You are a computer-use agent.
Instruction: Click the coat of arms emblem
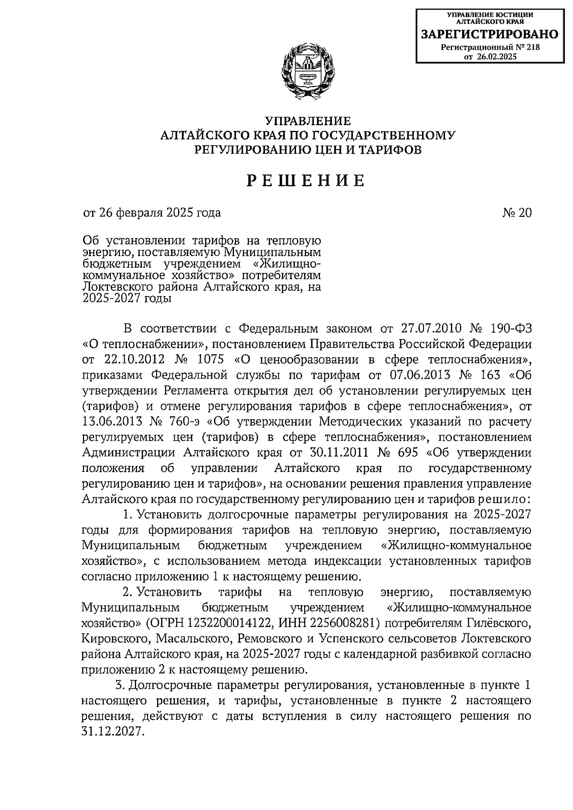pyautogui.click(x=308, y=71)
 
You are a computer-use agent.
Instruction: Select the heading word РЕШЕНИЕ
pyautogui.click(x=306, y=181)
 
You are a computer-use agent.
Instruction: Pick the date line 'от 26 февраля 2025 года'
pyautogui.click(x=152, y=213)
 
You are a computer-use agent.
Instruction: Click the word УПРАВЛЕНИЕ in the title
pyautogui.click(x=308, y=121)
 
